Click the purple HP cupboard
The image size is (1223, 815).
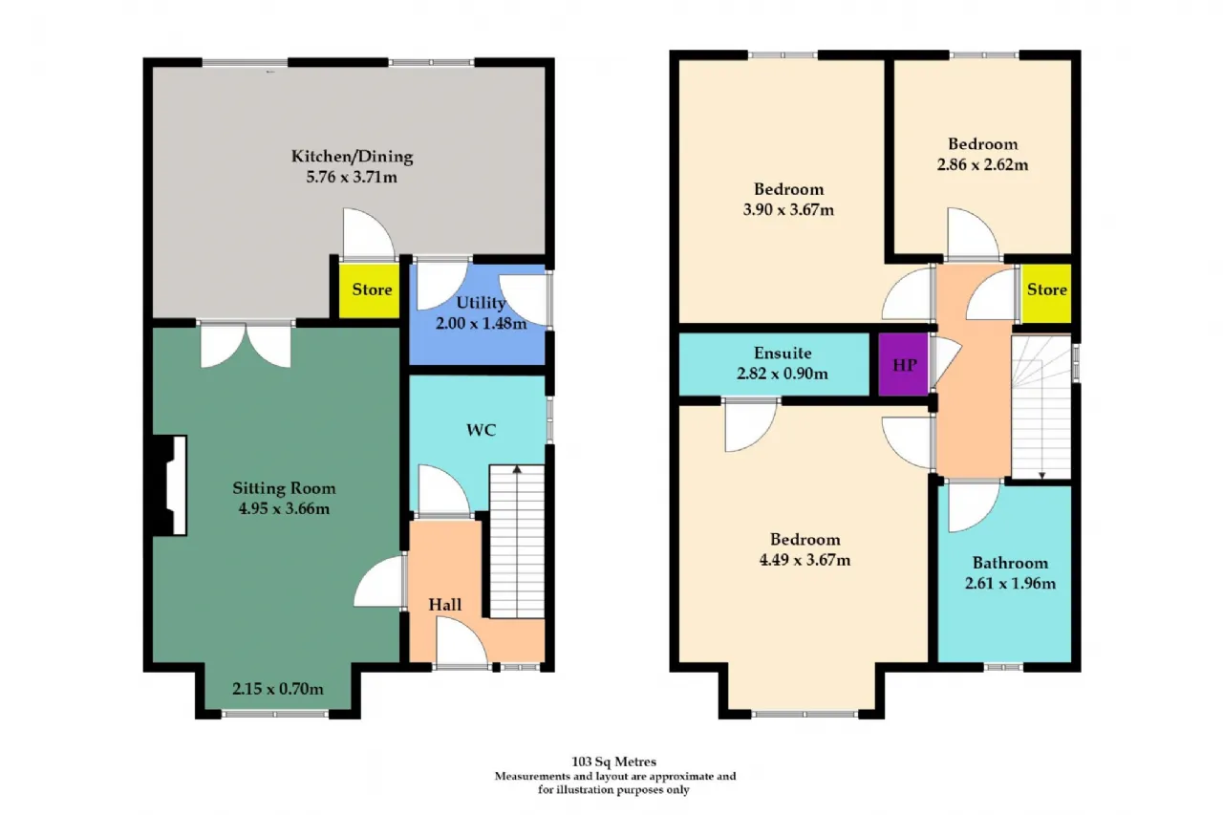pyautogui.click(x=903, y=364)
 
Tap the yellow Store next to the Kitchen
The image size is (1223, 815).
pyautogui.click(x=370, y=290)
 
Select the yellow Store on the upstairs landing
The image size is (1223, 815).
pyautogui.click(x=1046, y=293)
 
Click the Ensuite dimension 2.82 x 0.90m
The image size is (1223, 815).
pyautogui.click(x=783, y=374)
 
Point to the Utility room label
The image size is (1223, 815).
pyautogui.click(x=481, y=303)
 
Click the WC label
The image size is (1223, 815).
pyautogui.click(x=481, y=430)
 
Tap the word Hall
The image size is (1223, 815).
pyautogui.click(x=445, y=604)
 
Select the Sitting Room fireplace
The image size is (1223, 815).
pyautogui.click(x=170, y=484)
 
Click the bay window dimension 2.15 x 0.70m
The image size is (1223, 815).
pyautogui.click(x=278, y=689)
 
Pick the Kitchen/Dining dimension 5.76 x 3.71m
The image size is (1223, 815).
pyautogui.click(x=352, y=177)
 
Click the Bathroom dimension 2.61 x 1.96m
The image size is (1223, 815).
pyautogui.click(x=1010, y=584)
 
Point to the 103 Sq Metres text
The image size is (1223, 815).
pyautogui.click(x=614, y=761)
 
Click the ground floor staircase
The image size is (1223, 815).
pyautogui.click(x=517, y=542)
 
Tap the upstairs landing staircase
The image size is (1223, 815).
pyautogui.click(x=1041, y=408)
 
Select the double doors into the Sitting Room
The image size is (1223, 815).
pyautogui.click(x=246, y=345)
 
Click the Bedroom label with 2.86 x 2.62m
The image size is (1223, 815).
pyautogui.click(x=983, y=144)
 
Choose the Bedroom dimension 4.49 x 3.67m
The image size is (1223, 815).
pyautogui.click(x=805, y=560)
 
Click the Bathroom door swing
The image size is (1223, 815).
pyautogui.click(x=974, y=506)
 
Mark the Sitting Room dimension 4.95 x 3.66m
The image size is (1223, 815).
pyautogui.click(x=284, y=508)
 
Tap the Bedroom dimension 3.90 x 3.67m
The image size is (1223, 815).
pyautogui.click(x=788, y=209)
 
